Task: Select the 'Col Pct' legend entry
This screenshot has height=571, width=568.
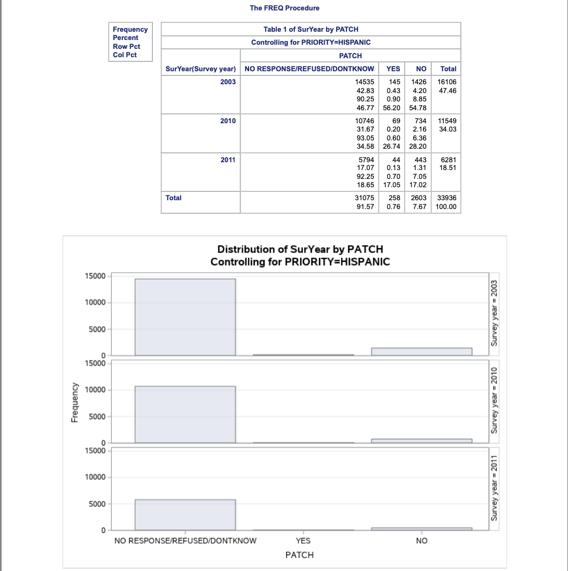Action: (x=125, y=55)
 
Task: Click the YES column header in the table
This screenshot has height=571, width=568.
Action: (x=393, y=69)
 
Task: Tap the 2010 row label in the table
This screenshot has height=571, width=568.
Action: (x=228, y=121)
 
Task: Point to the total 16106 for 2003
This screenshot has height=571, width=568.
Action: (x=448, y=82)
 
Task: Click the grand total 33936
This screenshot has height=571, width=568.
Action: (x=448, y=198)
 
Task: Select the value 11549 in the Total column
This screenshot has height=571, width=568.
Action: (x=448, y=121)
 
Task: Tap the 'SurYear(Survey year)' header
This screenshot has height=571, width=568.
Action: (x=201, y=69)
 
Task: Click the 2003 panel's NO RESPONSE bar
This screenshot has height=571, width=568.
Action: (x=185, y=317)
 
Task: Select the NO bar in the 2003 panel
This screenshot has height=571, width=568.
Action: (x=421, y=352)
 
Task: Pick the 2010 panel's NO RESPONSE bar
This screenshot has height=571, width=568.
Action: (x=185, y=414)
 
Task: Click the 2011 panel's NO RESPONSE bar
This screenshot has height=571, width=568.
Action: (x=185, y=515)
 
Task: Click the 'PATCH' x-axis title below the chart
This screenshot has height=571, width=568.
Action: (x=300, y=555)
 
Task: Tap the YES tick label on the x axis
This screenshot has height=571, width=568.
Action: (x=303, y=541)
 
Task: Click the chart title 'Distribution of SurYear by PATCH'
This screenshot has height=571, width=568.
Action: (x=300, y=250)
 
